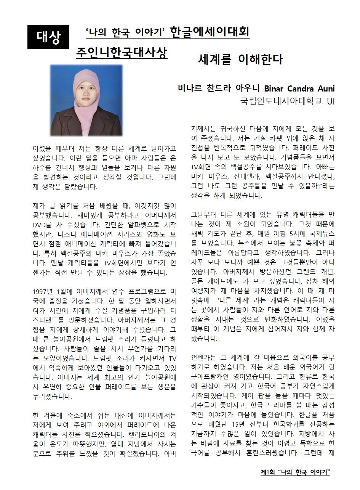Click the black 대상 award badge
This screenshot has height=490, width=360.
pyautogui.click(x=48, y=37)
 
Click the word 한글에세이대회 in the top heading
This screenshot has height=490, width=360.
pyautogui.click(x=210, y=32)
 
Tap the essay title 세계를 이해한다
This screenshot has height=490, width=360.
pyautogui.click(x=240, y=59)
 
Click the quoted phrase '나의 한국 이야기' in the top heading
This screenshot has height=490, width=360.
pyautogui.click(x=125, y=32)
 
